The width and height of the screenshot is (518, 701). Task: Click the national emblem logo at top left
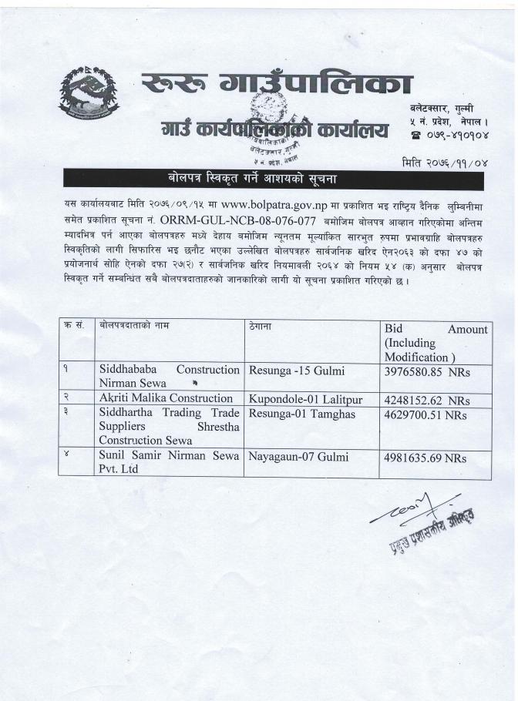(x=89, y=98)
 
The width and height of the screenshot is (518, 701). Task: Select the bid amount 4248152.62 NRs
(x=426, y=401)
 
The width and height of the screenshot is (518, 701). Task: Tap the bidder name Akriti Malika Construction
(x=166, y=398)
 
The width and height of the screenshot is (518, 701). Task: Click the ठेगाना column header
(x=260, y=327)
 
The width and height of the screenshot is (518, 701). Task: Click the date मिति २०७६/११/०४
(x=446, y=163)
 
